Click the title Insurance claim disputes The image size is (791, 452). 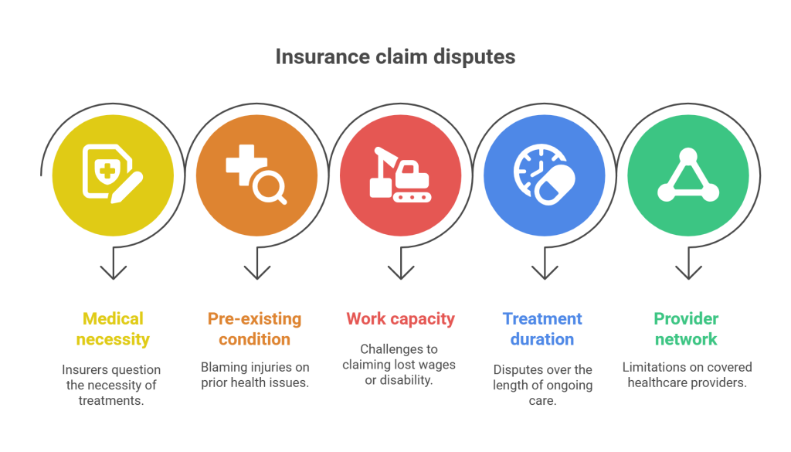pyautogui.click(x=395, y=57)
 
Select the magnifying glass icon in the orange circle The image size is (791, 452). pyautogui.click(x=270, y=187)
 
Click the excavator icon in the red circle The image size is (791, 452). pyautogui.click(x=401, y=175)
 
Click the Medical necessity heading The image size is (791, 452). pyautogui.click(x=113, y=329)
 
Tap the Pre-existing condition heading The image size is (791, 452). pyautogui.click(x=255, y=329)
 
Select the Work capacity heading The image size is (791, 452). pyautogui.click(x=401, y=319)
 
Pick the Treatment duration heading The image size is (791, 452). pyautogui.click(x=542, y=329)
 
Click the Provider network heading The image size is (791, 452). pyautogui.click(x=686, y=329)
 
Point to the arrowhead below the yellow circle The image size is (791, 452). pyautogui.click(x=113, y=273)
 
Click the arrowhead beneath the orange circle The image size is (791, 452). pyautogui.click(x=256, y=273)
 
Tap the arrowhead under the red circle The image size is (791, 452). pyautogui.click(x=401, y=273)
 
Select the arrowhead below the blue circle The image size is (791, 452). pyautogui.click(x=545, y=273)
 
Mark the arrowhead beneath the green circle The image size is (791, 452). pyautogui.click(x=688, y=273)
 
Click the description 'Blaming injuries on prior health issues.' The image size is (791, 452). pyautogui.click(x=255, y=375)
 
